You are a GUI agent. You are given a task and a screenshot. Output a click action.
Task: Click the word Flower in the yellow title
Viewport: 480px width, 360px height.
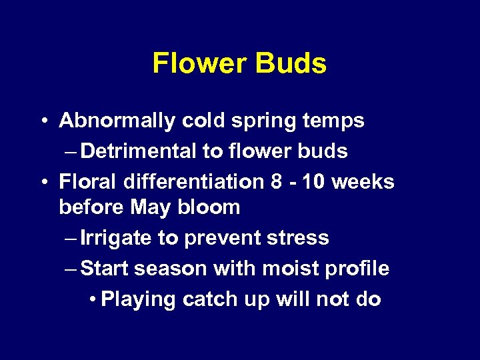point(196,64)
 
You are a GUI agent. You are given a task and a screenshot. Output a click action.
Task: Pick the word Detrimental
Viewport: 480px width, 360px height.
point(141,151)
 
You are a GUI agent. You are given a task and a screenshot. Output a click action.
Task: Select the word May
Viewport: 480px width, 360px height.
point(151,207)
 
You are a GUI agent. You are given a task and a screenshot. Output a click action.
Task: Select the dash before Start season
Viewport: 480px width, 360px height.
point(72,269)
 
